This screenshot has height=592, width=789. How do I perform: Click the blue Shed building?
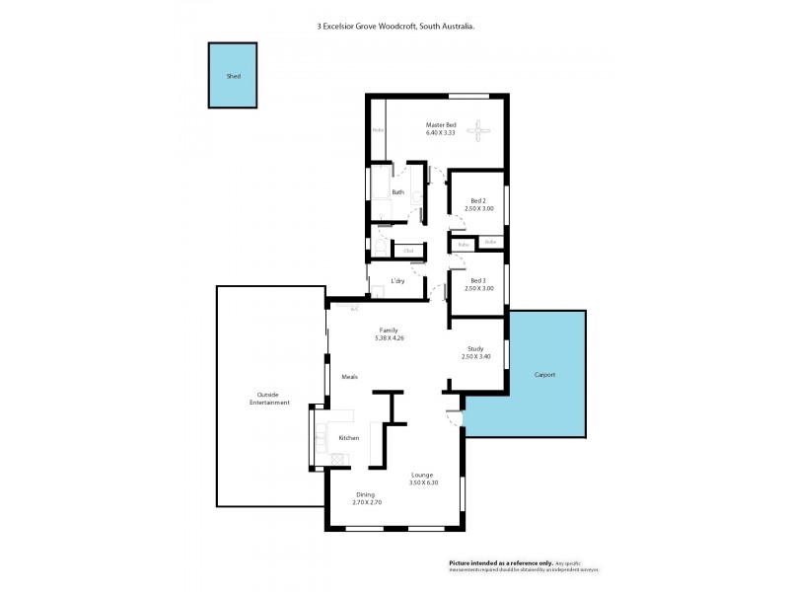tap(232, 75)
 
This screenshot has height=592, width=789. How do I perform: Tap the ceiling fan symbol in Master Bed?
tap(480, 129)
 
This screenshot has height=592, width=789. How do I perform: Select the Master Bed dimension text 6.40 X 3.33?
tap(440, 133)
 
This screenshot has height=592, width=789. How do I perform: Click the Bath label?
tap(397, 192)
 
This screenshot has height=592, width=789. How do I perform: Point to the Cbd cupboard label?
tap(407, 251)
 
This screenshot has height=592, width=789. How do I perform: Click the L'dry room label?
tap(397, 281)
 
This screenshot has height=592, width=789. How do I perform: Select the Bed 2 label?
tap(477, 202)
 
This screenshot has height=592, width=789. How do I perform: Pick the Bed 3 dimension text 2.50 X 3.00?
tap(477, 289)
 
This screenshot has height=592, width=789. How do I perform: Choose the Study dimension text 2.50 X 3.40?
tap(477, 356)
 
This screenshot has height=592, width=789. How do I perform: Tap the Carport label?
tap(544, 375)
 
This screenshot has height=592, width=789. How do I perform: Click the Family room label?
tap(390, 331)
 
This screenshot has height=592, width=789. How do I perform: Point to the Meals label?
tap(349, 377)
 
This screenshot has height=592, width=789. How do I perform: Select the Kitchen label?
tap(349, 437)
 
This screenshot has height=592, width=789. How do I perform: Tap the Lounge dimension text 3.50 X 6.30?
tap(422, 482)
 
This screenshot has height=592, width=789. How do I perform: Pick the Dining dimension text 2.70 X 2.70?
tap(366, 502)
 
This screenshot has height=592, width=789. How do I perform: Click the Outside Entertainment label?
tap(269, 399)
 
